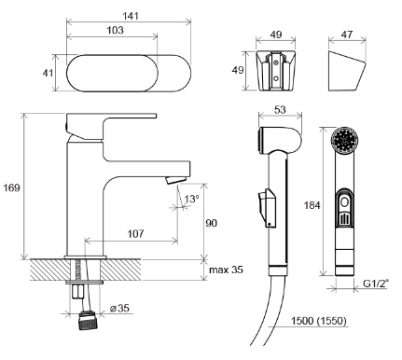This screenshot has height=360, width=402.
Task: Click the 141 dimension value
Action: coord(131,16)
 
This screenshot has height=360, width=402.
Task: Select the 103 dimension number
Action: coord(116,30)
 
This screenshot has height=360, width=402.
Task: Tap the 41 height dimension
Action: coord(48,73)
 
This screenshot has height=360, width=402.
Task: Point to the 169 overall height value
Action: coord(11,187)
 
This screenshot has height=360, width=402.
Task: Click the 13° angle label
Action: coord(191,199)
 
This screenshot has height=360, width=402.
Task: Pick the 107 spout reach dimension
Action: coord(136,233)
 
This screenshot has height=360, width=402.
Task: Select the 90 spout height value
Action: coord(212,223)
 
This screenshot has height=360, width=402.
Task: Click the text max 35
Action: coord(226,270)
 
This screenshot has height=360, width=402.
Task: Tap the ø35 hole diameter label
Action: coord(119,308)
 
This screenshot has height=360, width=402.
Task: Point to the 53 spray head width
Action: coord(280,109)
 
